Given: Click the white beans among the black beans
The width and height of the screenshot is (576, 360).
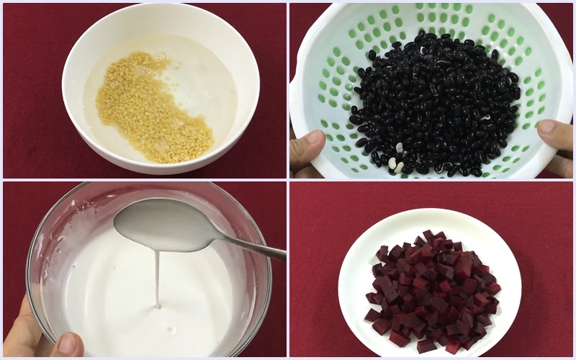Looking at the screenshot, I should (396, 164).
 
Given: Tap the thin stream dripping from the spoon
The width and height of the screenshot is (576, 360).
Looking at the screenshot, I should (157, 277).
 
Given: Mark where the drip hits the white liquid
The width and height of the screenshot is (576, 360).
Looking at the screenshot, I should (157, 306).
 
